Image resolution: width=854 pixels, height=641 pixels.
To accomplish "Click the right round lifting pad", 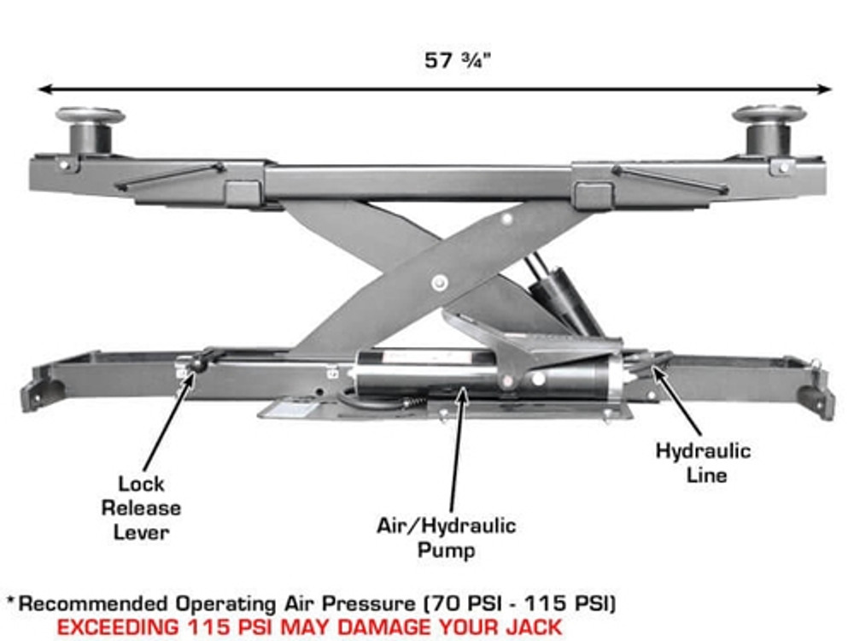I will (x=769, y=114).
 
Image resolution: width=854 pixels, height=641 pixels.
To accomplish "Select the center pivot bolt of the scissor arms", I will (x=439, y=282).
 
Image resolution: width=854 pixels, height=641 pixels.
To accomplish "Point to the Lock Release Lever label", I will (x=141, y=508).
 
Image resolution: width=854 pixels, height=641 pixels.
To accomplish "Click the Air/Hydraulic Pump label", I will (x=446, y=537).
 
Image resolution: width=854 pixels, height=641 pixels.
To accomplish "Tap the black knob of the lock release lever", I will (x=199, y=363).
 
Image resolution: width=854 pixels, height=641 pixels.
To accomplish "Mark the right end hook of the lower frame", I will (x=817, y=400).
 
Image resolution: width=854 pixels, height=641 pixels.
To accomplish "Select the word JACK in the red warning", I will (x=530, y=626).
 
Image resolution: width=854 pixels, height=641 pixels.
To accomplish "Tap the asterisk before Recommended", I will (x=12, y=602).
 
